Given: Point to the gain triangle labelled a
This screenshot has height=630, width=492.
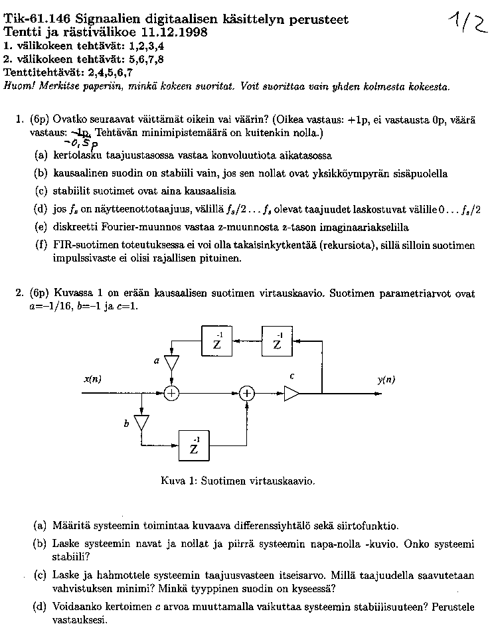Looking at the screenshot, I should tap(171, 363).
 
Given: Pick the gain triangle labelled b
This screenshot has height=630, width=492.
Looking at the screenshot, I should tap(141, 423).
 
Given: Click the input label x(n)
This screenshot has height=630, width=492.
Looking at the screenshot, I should tap(92, 380).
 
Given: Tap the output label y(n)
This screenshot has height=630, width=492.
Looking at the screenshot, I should tap(386, 380).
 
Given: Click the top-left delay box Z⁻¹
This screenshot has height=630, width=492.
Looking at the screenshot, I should tap(217, 342).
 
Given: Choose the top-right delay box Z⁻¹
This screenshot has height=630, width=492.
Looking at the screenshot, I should tap(278, 342).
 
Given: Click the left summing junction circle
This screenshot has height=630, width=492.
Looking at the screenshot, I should tap(171, 393).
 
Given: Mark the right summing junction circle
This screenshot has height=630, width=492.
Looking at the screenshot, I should tap(247, 393).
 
